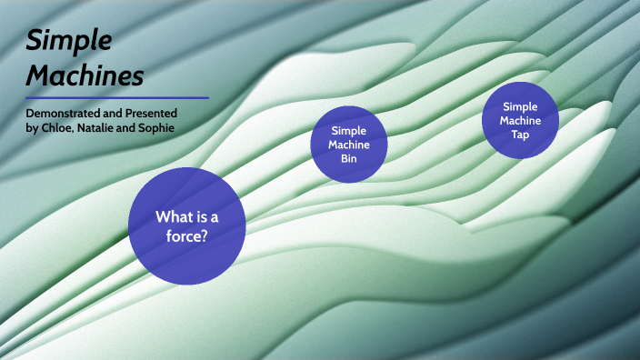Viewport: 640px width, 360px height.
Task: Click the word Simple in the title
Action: [x=69, y=40]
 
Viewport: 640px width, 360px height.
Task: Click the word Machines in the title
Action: [x=85, y=75]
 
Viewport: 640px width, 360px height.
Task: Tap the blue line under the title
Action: [x=117, y=97]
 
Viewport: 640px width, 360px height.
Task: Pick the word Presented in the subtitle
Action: [x=151, y=113]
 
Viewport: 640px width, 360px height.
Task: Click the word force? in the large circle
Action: [x=186, y=236]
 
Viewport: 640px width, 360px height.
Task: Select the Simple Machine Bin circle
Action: [x=349, y=144]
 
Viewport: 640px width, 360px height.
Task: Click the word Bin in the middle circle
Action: [x=349, y=159]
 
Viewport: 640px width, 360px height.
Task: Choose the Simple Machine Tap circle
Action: [x=521, y=119]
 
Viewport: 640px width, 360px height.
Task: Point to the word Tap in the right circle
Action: [x=521, y=135]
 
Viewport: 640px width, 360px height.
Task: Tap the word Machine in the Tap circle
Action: [x=521, y=120]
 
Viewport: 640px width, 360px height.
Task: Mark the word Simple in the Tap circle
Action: [x=521, y=106]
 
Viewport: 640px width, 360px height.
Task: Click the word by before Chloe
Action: [x=33, y=127]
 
